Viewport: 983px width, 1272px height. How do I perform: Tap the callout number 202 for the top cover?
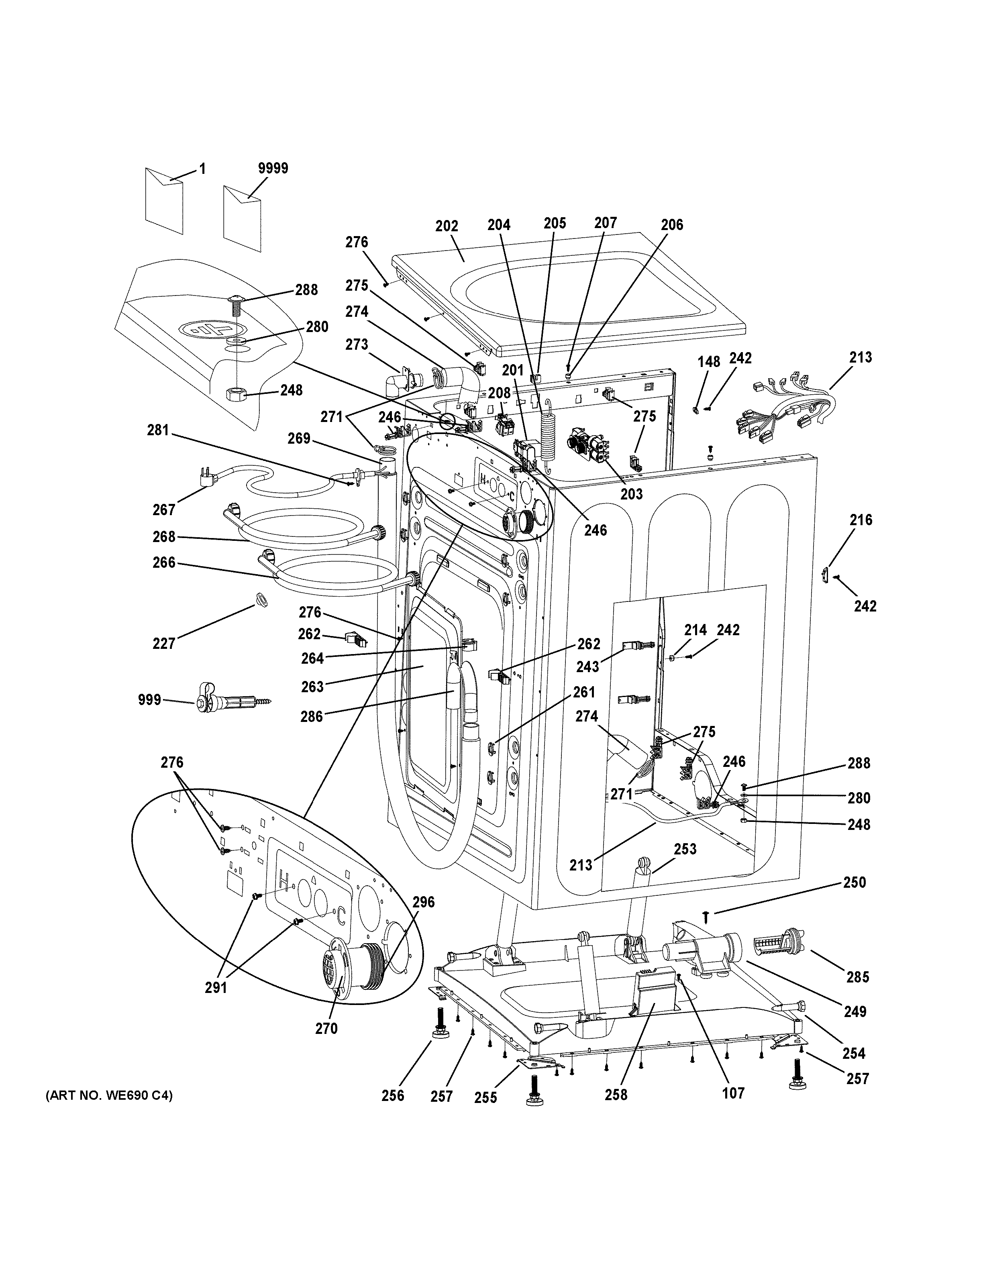(447, 226)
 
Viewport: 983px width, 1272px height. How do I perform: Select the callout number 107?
(733, 1093)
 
